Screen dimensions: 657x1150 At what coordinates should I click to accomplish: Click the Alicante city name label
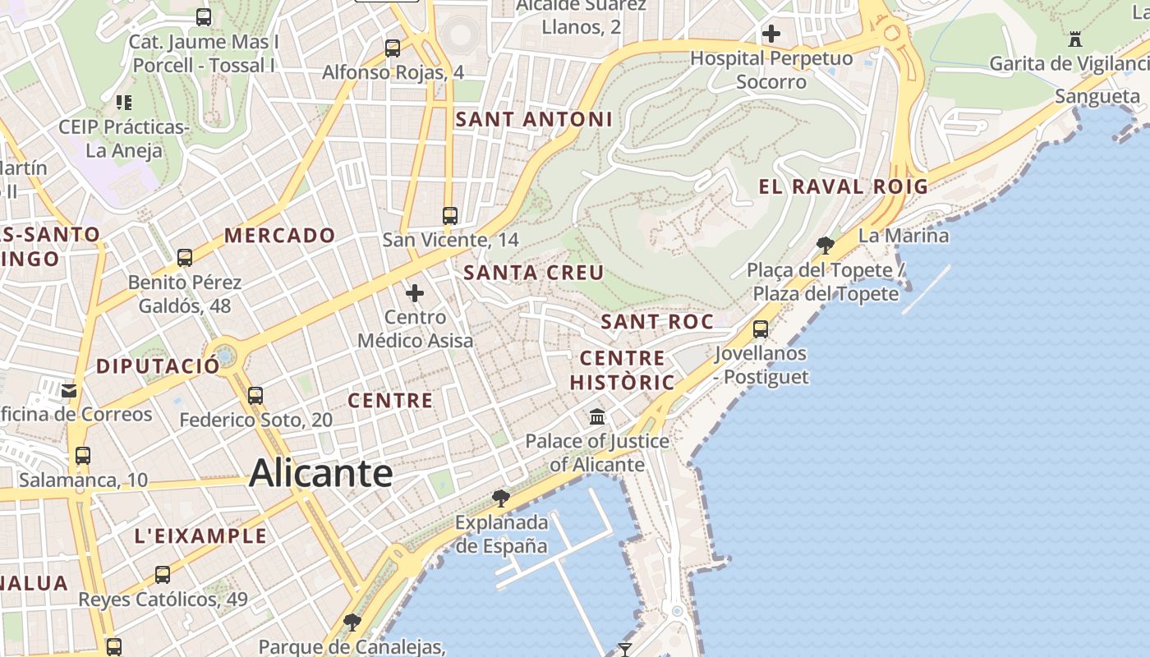point(321,473)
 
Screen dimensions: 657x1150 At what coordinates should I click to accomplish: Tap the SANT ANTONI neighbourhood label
point(534,119)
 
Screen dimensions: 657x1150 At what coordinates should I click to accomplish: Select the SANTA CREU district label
point(534,273)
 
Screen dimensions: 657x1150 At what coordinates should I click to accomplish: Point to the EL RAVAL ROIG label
point(843,186)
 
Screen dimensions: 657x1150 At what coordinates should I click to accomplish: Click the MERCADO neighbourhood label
point(280,236)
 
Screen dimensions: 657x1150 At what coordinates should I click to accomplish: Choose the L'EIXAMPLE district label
point(201,536)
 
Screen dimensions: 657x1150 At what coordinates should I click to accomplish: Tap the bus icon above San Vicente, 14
point(450,216)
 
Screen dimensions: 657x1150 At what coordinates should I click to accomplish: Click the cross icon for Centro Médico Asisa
point(415,292)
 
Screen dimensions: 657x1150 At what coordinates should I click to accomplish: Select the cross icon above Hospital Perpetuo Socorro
point(770,34)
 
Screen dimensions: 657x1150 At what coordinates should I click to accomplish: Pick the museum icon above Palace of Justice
point(597,417)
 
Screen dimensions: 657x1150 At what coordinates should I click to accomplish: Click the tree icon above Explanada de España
point(500,498)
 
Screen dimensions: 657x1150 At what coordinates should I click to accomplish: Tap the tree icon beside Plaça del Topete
point(826,245)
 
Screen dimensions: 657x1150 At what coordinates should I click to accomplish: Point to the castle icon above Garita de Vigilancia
point(1075,39)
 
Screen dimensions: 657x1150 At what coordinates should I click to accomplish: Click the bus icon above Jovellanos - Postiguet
point(761,329)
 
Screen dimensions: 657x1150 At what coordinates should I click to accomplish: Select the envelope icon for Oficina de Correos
point(69,390)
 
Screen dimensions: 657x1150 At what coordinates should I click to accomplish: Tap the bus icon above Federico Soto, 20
point(255,396)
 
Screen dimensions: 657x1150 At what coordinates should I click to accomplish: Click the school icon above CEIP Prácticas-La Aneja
point(124,103)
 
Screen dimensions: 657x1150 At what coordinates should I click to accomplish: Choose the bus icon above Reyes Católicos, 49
point(163,574)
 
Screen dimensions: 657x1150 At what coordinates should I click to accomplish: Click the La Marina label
point(904,236)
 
